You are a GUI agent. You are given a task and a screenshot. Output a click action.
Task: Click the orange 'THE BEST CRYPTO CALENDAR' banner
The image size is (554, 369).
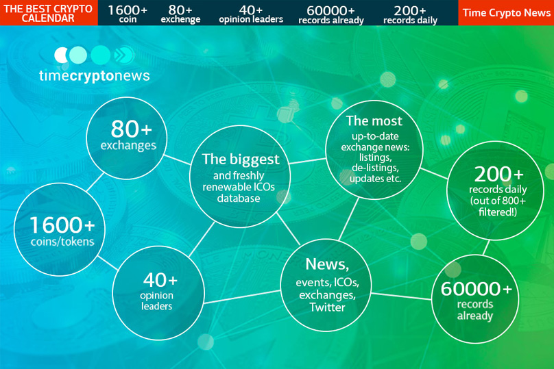coord(49,13)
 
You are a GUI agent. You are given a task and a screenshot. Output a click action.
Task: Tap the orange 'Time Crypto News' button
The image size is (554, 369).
coord(506,13)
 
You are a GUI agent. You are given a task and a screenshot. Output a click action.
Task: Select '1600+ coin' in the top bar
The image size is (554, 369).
coord(128,14)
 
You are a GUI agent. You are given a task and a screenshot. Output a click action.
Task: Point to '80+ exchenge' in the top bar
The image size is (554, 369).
coord(180,14)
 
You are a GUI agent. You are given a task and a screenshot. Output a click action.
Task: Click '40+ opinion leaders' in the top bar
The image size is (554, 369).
coord(251,14)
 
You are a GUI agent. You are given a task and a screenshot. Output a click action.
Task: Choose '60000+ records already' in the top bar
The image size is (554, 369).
coord(331,14)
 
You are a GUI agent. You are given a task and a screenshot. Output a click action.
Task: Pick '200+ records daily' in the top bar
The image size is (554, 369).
coord(410,14)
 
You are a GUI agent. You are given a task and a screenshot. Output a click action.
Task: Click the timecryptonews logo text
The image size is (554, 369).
coord(95,76)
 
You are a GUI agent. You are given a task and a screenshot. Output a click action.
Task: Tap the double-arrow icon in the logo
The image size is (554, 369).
coord(123,55)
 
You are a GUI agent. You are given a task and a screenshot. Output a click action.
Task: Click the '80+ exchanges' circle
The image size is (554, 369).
coord(126,138)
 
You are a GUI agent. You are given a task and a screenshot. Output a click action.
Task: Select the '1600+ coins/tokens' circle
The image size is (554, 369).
coord(60,229)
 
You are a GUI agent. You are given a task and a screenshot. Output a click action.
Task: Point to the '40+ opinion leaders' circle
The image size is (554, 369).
coord(158,293)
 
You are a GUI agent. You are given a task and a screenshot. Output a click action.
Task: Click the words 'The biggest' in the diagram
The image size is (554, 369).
coord(241,160)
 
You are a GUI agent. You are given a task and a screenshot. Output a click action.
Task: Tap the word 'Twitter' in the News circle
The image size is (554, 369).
coord(327,307)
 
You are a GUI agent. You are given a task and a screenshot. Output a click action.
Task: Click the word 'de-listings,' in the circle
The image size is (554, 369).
coord(375,168)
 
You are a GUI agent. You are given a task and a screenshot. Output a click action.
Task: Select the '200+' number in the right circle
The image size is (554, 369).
coord(498,175)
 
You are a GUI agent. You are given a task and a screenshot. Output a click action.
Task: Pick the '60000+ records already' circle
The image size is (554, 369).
coord(475,298)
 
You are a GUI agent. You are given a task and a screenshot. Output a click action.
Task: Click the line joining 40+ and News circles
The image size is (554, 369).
coord(243,296)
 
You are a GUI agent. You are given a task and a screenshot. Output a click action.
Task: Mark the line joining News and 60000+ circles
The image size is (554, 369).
coord(401,296)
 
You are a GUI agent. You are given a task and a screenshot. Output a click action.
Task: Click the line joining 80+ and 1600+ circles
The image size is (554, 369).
coord(95,182)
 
